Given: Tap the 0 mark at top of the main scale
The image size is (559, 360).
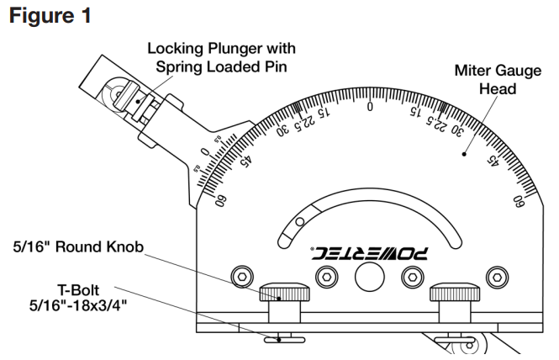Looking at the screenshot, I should click(x=369, y=106).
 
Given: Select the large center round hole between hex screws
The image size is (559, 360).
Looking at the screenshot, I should click(x=369, y=276).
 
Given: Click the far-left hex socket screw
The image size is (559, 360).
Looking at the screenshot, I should click(x=242, y=276).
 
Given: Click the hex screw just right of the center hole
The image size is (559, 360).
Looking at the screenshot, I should click(x=412, y=276).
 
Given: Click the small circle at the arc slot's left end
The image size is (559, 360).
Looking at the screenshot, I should click(x=298, y=222).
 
